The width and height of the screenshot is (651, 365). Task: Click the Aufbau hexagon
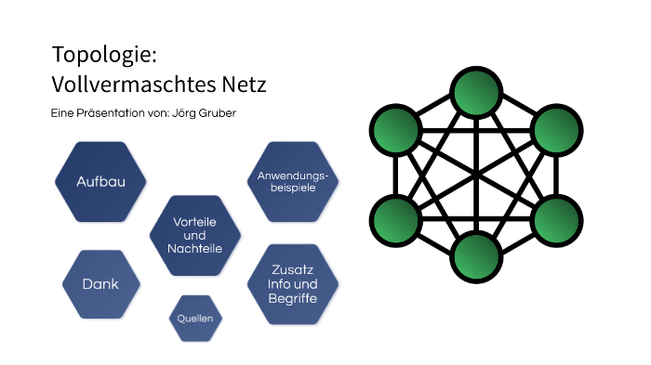[x=100, y=181]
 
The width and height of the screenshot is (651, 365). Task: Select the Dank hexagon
[x=100, y=283]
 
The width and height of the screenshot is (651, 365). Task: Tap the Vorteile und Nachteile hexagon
[x=195, y=236]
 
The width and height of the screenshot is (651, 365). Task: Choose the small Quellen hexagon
[x=196, y=319]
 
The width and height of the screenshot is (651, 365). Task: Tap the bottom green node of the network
[x=477, y=254]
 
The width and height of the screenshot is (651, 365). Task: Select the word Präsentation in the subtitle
[x=113, y=112]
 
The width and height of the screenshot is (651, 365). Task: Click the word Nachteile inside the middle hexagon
[x=195, y=249]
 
